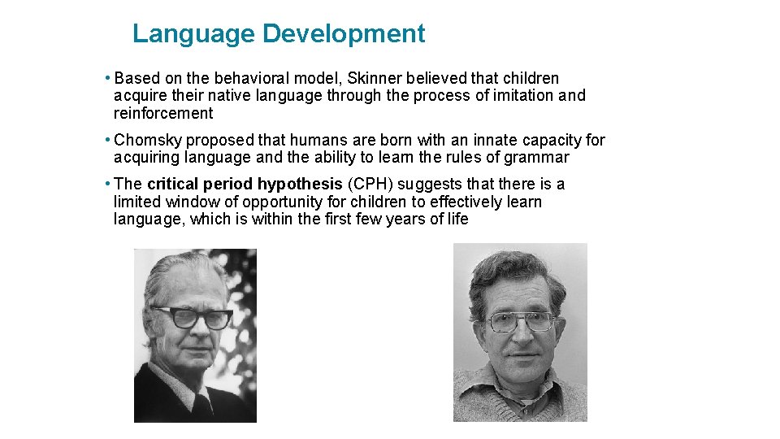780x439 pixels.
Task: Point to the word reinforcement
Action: click(163, 113)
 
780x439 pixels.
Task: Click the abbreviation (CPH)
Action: click(370, 184)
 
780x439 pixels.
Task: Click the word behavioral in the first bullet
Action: click(253, 79)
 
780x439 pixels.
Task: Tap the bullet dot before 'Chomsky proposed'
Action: click(108, 140)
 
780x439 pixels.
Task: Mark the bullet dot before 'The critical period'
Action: click(108, 184)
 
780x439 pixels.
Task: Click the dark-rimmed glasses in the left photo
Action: click(193, 317)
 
